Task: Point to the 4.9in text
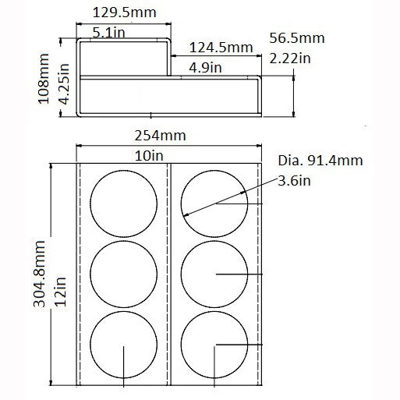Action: [x=206, y=68]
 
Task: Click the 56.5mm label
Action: [x=296, y=37]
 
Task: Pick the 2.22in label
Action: [x=290, y=58]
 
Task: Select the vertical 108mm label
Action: [x=44, y=79]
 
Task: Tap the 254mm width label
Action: [x=161, y=134]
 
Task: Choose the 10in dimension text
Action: [x=150, y=155]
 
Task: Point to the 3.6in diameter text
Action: [x=296, y=182]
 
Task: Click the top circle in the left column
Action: [x=124, y=203]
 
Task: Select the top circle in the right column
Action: [x=214, y=203]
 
